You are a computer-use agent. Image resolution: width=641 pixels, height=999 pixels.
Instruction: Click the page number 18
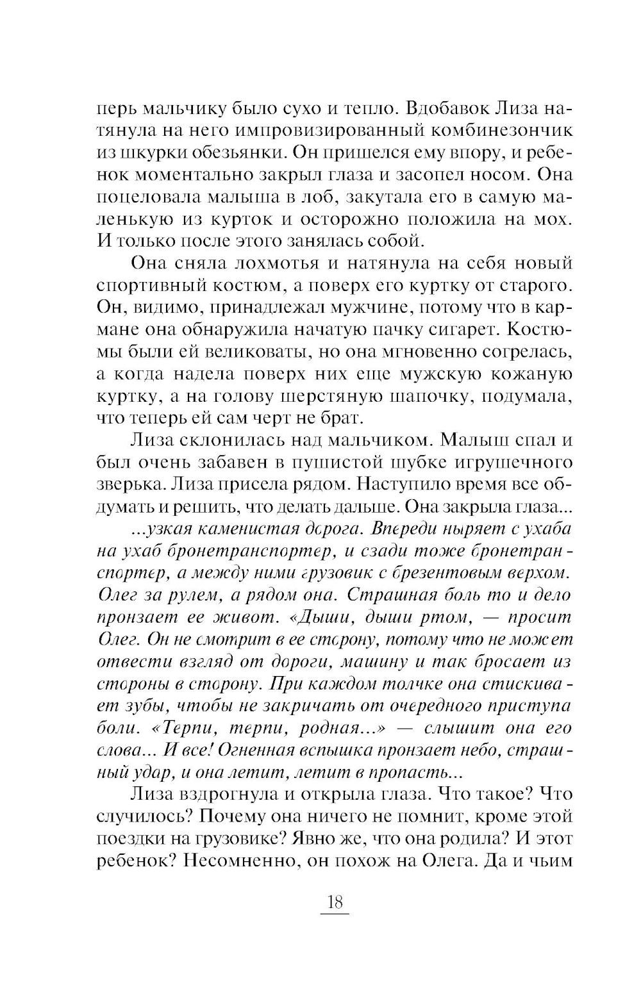pos(335,903)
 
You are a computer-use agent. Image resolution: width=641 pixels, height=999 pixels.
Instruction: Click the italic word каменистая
pos(239,529)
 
